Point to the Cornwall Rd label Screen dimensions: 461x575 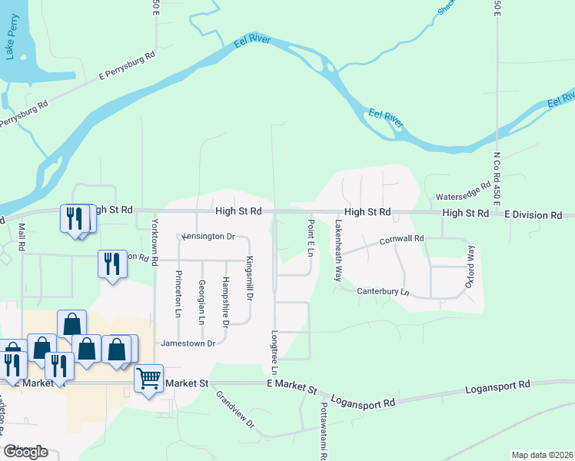tap(401, 240)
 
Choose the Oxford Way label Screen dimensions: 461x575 tap(470, 266)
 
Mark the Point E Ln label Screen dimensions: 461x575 tap(311, 237)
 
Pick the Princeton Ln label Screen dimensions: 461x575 tap(178, 294)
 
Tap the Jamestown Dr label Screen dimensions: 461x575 tap(188, 343)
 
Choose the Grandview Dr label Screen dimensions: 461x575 tap(235, 409)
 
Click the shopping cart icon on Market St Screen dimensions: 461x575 tap(148, 378)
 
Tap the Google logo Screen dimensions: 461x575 tap(25, 452)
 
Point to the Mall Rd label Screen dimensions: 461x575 tap(22, 237)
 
